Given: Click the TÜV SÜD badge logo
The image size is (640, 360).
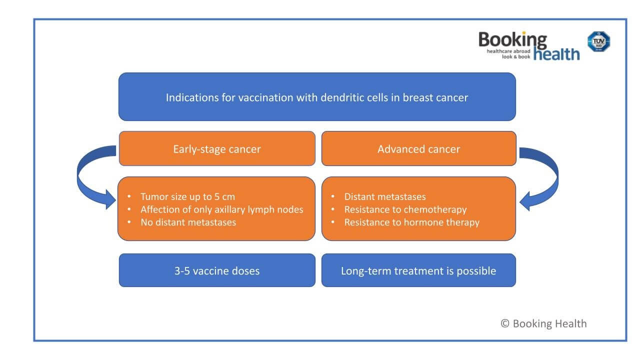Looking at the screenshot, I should pos(598,41).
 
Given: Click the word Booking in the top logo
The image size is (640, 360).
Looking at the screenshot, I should pos(512,39).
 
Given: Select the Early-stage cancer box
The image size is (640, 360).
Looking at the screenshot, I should pos(217,149).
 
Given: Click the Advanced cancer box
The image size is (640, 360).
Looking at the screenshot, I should pos(418,149).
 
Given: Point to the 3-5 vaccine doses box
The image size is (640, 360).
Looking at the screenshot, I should pos(217,270).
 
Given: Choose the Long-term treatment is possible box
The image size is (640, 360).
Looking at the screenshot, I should pos(418,270).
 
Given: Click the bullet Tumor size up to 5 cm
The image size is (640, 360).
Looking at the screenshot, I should pos(187,196).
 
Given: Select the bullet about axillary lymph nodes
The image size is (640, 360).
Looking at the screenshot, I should pos(221,209).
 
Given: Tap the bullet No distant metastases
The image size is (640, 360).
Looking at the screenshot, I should pos(188,222).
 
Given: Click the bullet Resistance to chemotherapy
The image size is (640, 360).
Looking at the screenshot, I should pos(405,209).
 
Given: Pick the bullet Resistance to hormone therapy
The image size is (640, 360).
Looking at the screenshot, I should pos(411,222).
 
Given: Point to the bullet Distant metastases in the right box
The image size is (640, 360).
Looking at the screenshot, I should pos(384,196).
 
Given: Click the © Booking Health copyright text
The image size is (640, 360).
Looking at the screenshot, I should pos(543,323).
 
